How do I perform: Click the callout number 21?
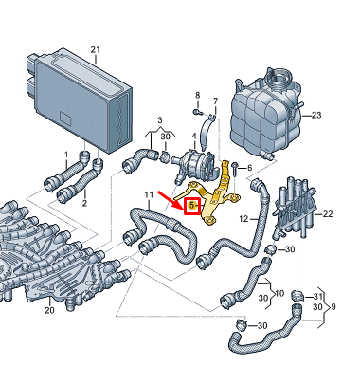tap(96, 49)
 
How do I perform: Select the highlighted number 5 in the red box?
tap(191, 206)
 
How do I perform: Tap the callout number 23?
tap(316, 115)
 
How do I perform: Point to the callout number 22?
tap(328, 214)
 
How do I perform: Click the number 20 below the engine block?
tap(49, 310)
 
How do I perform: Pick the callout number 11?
tap(149, 194)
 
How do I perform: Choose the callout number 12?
tap(243, 219)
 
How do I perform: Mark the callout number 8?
tap(198, 95)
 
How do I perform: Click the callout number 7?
tap(215, 101)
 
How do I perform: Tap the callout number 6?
tap(250, 168)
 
